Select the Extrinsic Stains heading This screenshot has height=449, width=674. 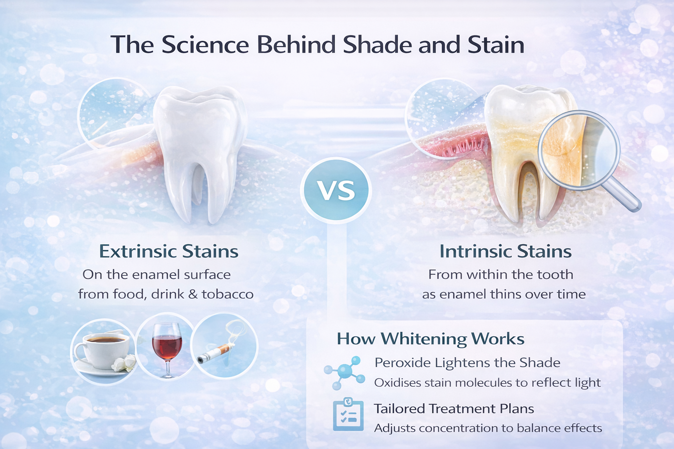click(168, 251)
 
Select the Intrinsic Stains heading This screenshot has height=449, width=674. click(505, 251)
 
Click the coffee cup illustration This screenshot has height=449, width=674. click(104, 351)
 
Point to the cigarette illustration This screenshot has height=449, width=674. click(215, 353)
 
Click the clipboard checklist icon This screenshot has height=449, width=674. click(348, 415)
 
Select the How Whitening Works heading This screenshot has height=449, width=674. click(430, 339)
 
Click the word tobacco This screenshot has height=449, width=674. click(227, 294)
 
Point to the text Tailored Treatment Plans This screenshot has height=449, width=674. click(454, 409)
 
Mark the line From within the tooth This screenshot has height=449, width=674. click(501, 274)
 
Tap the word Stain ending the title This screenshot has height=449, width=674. click(496, 45)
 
